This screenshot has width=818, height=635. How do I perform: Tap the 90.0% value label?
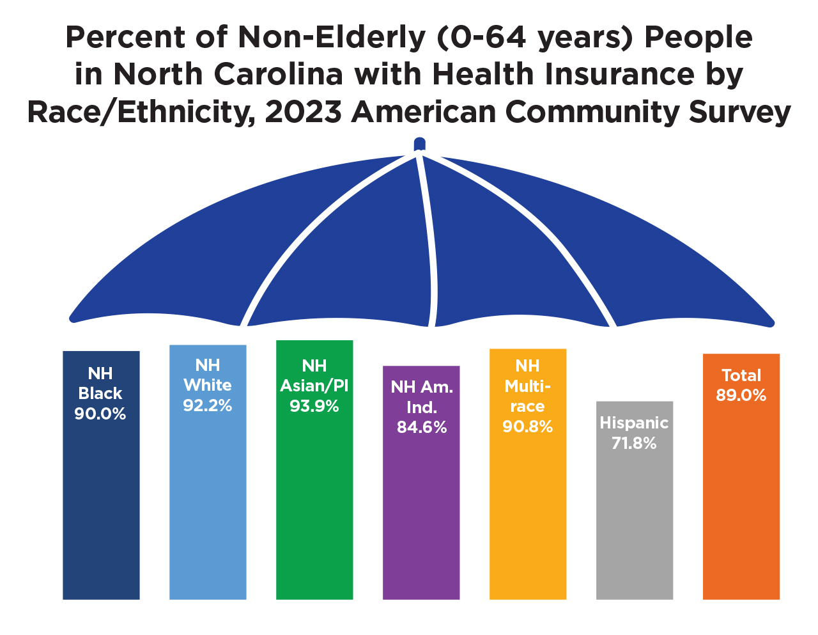tap(100, 414)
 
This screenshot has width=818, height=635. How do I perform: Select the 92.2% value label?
tap(208, 405)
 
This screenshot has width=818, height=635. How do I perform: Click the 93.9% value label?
tap(314, 406)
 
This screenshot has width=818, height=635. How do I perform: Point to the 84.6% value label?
tap(422, 427)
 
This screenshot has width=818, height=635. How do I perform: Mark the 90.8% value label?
tap(528, 427)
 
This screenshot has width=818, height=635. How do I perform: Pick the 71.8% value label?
tap(634, 443)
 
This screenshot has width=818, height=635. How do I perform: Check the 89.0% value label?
tap(741, 395)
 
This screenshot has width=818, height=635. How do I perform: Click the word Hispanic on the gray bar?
tap(634, 423)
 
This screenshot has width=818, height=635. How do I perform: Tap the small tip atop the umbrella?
tap(419, 144)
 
